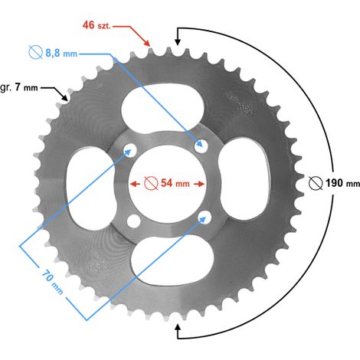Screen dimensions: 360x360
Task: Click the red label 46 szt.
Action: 97,25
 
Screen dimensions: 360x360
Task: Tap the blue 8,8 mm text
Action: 61,53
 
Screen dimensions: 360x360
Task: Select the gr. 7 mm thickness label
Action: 19,87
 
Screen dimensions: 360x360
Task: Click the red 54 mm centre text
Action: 175,183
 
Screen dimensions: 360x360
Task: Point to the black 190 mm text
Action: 342,183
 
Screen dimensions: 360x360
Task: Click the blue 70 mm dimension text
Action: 52,283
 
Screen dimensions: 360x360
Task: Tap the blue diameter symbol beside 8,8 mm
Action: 35,52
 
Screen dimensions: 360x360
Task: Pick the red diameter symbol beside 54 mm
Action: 151,183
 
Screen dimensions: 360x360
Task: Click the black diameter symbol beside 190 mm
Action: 316,183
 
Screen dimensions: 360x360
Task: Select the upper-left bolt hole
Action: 130,149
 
